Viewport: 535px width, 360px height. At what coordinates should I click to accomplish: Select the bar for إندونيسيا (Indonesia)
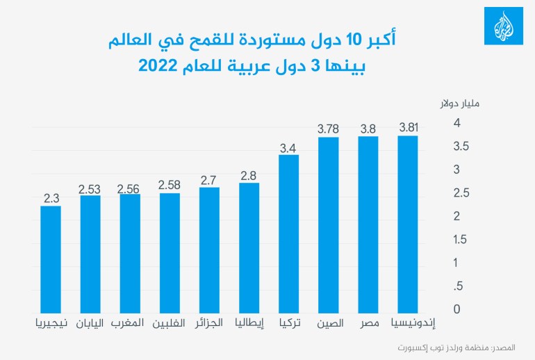(x=409, y=222)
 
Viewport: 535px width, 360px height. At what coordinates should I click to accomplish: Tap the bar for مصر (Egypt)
(x=369, y=222)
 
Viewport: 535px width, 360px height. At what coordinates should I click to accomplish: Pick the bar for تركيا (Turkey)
(x=289, y=233)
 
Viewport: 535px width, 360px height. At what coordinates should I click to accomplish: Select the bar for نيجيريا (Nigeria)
(x=51, y=259)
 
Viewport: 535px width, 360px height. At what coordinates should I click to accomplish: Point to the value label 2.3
(x=51, y=199)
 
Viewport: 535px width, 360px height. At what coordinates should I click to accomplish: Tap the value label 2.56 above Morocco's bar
(x=130, y=188)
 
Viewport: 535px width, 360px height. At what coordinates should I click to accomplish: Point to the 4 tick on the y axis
(x=457, y=123)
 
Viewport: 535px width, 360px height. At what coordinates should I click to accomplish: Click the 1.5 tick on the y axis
(x=457, y=240)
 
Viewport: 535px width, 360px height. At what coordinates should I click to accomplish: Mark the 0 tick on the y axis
(x=457, y=309)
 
